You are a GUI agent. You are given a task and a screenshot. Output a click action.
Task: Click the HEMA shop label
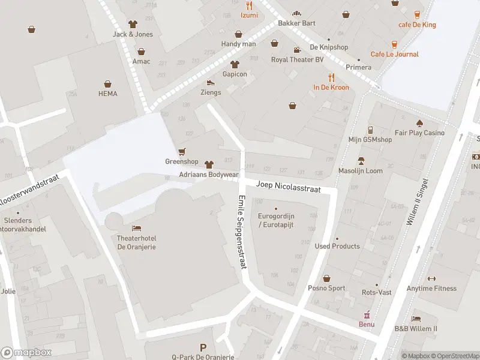[108, 94]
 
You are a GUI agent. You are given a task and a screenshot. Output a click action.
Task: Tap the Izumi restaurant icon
[249, 5]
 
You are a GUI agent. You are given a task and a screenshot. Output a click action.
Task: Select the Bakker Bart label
[296, 23]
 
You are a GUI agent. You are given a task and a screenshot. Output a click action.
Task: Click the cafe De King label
[417, 25]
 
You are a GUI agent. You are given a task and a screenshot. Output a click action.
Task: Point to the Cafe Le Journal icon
[394, 44]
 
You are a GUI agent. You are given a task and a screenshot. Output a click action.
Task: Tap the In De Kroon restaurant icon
[331, 77]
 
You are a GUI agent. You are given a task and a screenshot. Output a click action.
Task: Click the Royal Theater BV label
[297, 59]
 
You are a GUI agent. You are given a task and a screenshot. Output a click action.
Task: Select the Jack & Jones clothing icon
[133, 24]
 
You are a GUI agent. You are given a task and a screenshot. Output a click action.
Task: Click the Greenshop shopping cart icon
[182, 151]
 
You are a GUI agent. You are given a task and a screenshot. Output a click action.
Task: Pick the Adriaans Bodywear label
[209, 175]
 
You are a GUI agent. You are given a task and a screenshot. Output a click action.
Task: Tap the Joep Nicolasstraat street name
[288, 187]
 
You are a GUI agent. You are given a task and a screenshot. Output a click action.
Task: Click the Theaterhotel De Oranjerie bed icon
[136, 228]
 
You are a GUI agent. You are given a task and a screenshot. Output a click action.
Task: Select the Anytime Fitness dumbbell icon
[431, 278]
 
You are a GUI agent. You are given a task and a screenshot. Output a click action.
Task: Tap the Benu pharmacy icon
[367, 314]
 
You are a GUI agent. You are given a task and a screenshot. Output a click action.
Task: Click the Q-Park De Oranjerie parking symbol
[203, 347]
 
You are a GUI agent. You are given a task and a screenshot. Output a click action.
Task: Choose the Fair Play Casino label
[419, 133]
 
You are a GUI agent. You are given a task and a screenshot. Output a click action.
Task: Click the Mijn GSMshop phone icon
[370, 130]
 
